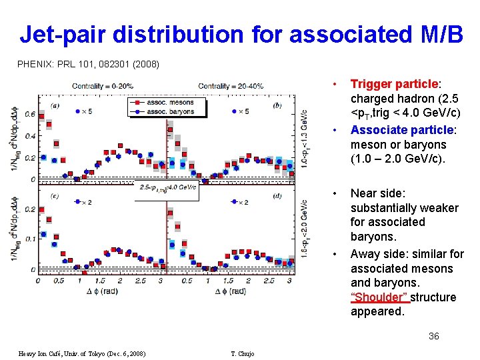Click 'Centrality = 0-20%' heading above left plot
coord(102,86)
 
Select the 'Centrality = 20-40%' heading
coord(231,86)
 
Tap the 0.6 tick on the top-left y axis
coord(30,114)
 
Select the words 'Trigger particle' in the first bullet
coord(393,85)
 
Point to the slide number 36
coord(433,336)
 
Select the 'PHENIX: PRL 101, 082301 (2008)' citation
coord(88,65)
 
